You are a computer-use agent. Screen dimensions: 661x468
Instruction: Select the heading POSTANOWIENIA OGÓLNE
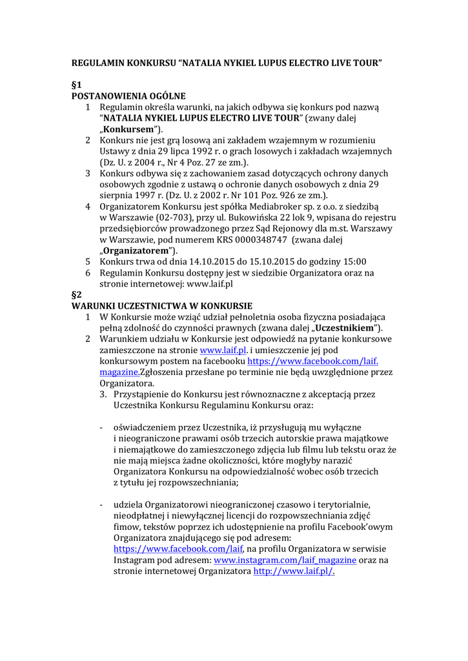click(x=128, y=96)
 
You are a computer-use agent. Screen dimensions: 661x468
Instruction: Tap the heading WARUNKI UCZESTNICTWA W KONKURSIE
click(x=161, y=305)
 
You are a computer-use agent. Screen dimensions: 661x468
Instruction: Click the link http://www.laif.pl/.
click(x=294, y=571)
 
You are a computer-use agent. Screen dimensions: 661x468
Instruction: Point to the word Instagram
click(x=135, y=560)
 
